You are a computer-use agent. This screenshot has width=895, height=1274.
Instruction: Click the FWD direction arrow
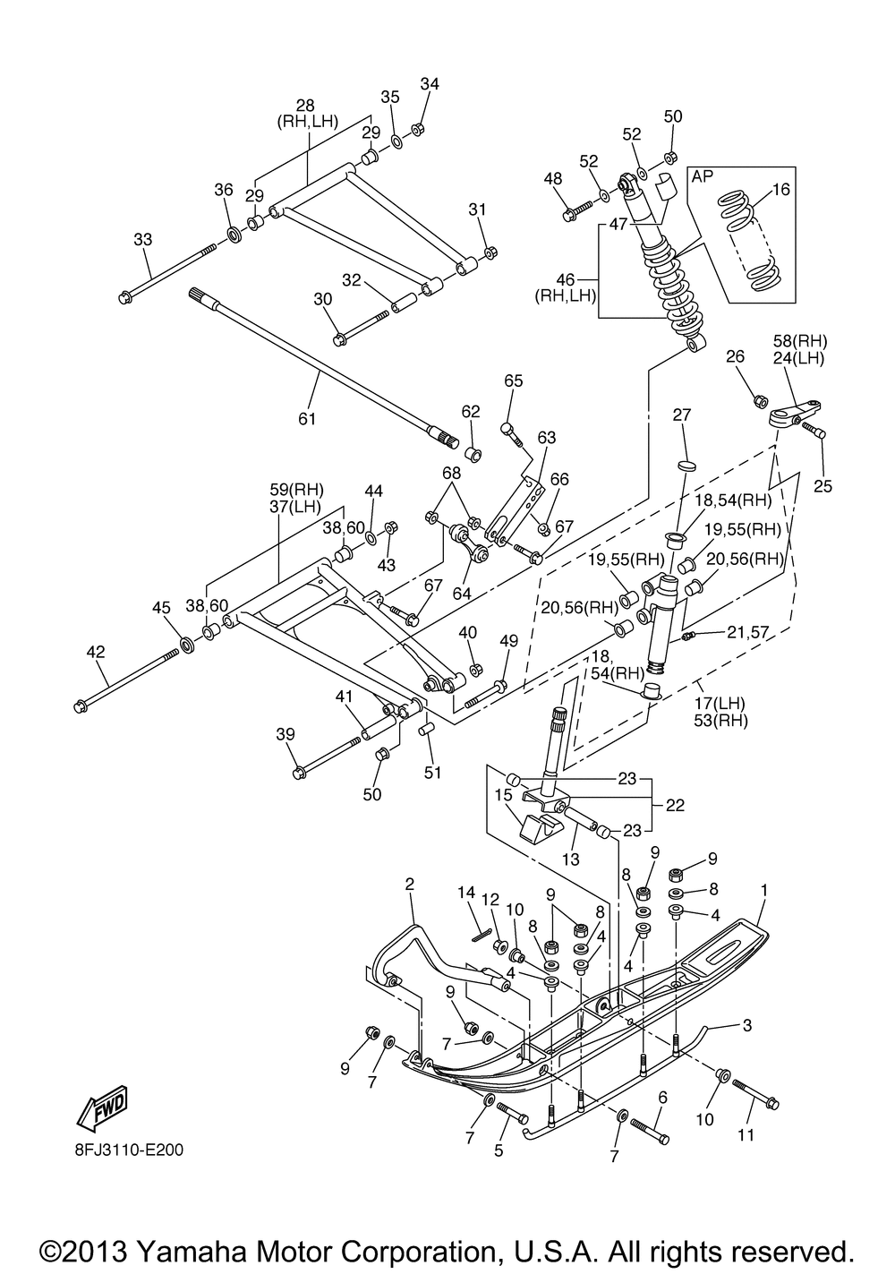click(102, 1107)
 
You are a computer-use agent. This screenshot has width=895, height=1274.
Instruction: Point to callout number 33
click(143, 240)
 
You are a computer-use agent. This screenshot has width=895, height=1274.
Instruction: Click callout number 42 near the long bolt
click(95, 653)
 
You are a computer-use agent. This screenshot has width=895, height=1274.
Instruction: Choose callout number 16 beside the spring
click(780, 189)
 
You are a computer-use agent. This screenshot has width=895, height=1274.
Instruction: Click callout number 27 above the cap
click(683, 415)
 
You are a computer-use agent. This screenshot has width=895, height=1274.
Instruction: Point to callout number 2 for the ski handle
click(409, 885)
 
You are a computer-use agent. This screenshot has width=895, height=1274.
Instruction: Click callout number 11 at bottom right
click(746, 1135)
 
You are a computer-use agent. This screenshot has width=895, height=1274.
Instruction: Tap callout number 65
click(512, 380)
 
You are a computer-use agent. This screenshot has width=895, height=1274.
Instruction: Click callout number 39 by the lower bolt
click(286, 734)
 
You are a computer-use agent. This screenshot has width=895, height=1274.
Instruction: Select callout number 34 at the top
click(430, 84)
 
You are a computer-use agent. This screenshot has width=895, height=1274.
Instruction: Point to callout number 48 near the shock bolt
click(553, 179)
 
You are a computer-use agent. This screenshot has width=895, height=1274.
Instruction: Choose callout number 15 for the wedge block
click(503, 794)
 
